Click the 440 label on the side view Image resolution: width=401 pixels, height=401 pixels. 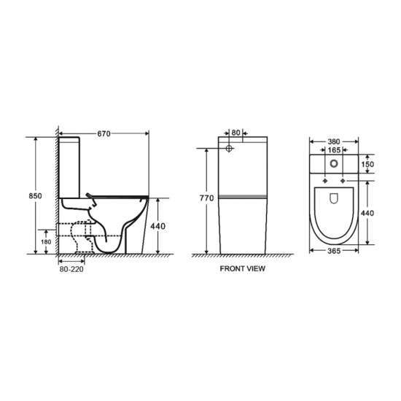(x=157, y=226)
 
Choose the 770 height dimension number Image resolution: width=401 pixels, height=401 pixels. (x=206, y=198)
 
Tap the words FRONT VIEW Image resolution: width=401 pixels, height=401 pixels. (x=242, y=268)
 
